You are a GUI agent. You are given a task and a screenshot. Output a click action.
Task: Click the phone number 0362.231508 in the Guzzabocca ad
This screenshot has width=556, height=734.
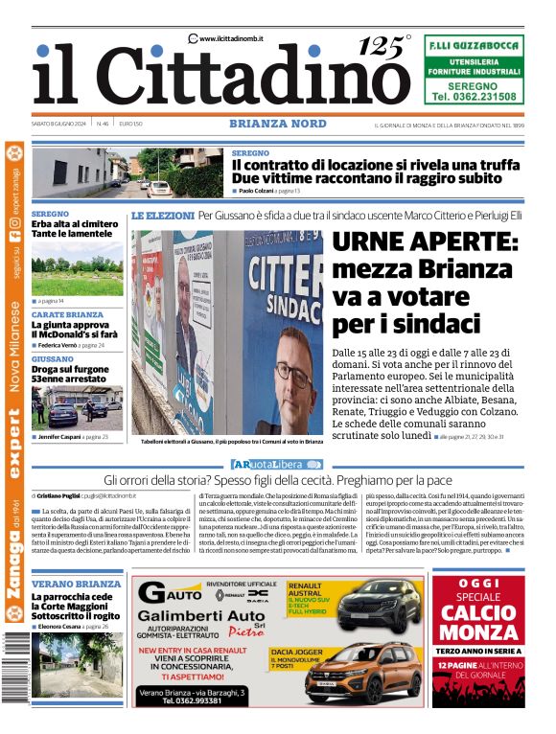click(x=474, y=97)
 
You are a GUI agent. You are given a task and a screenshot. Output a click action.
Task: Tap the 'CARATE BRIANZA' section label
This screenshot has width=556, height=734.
click(x=67, y=314)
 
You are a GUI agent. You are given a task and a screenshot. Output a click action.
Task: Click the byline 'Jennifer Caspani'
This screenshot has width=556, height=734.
click(x=60, y=437)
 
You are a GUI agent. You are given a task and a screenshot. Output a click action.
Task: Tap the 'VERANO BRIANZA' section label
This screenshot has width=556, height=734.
click(x=76, y=584)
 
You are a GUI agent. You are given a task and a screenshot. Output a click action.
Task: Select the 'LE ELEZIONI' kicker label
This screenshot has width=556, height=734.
click(x=163, y=216)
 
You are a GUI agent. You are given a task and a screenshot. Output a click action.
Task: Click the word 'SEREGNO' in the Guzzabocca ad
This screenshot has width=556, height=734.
click(x=473, y=84)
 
